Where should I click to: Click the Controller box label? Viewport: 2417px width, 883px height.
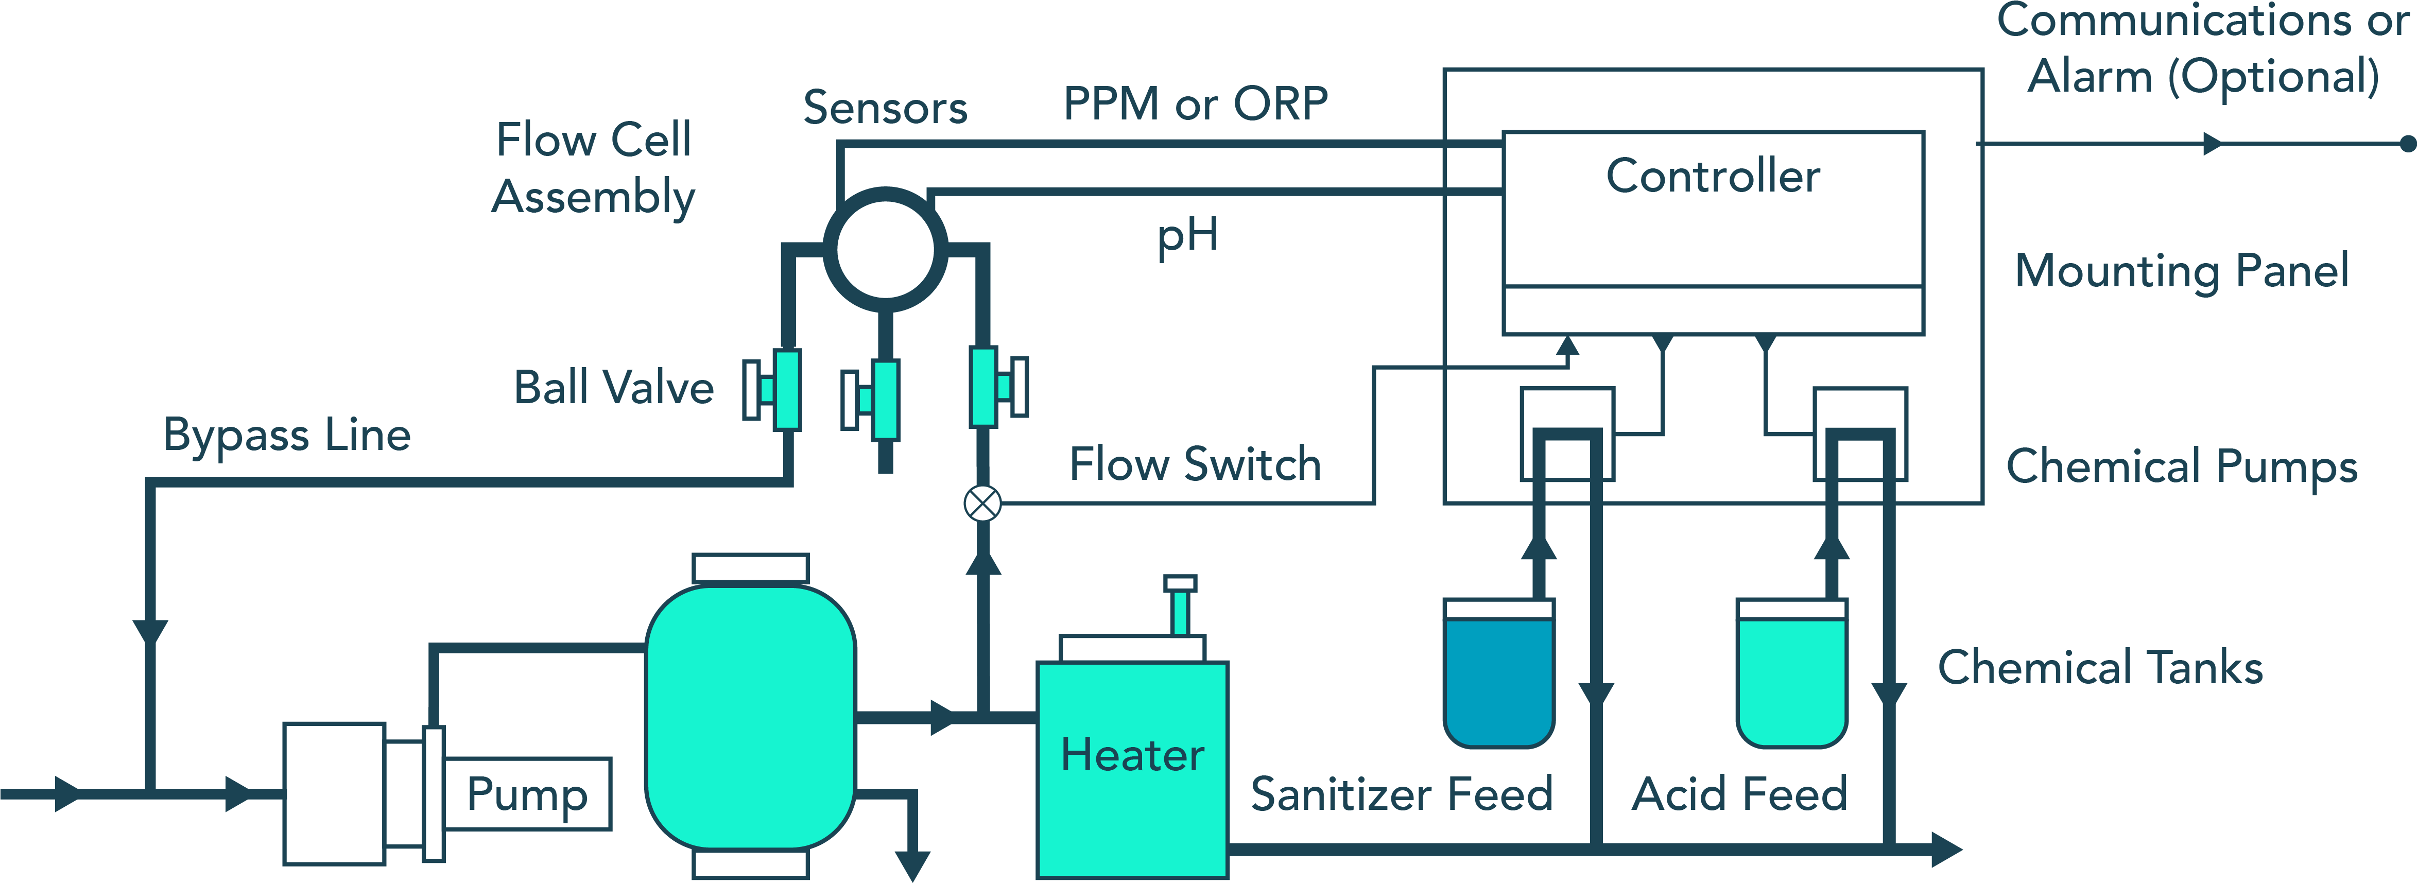tap(1713, 177)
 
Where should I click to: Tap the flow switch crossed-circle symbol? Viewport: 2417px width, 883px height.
tap(982, 504)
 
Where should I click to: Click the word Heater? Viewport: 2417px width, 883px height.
tap(1132, 755)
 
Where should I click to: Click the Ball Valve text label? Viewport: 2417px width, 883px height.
tap(614, 388)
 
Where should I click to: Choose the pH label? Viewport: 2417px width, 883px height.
tap(1187, 235)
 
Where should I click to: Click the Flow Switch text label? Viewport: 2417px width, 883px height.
tap(1195, 464)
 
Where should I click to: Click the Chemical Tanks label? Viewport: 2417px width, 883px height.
tap(2100, 668)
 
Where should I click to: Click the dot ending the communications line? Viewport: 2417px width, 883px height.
tap(2407, 144)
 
